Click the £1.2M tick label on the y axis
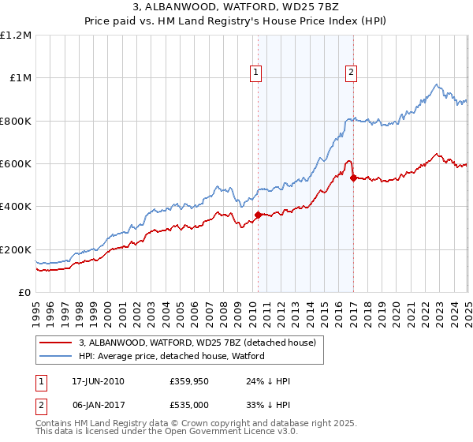(16, 36)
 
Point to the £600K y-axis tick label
(16, 164)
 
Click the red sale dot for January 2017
(352, 178)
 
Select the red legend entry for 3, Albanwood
(197, 343)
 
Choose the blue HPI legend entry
(172, 357)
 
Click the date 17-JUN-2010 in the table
(98, 381)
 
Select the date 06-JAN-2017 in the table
(98, 405)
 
